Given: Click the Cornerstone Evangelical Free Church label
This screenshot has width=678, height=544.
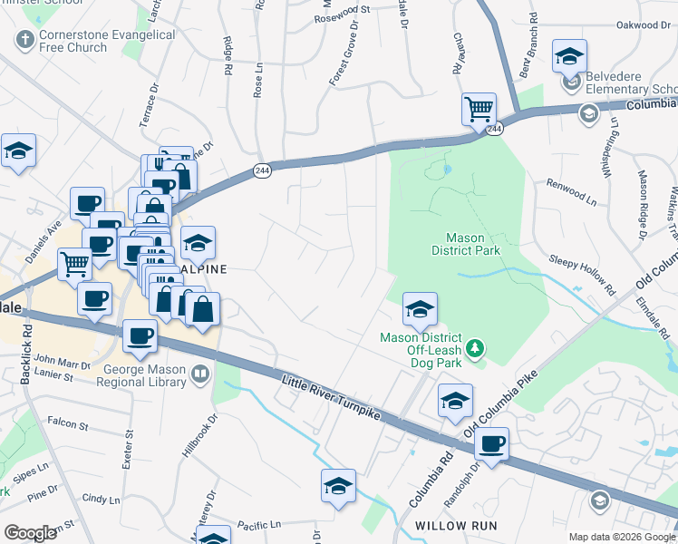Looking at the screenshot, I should tap(106, 41).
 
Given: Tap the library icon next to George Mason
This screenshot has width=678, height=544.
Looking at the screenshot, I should tap(200, 373).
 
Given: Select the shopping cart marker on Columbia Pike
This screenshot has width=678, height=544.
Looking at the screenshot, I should tap(478, 110).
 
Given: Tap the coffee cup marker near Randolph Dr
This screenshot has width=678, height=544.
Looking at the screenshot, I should tap(490, 444).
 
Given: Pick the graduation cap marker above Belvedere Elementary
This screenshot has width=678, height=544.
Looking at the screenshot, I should tap(568, 56).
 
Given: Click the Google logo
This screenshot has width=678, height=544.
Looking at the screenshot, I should tap(31, 533).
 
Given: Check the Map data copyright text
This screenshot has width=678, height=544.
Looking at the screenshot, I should tap(621, 537).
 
